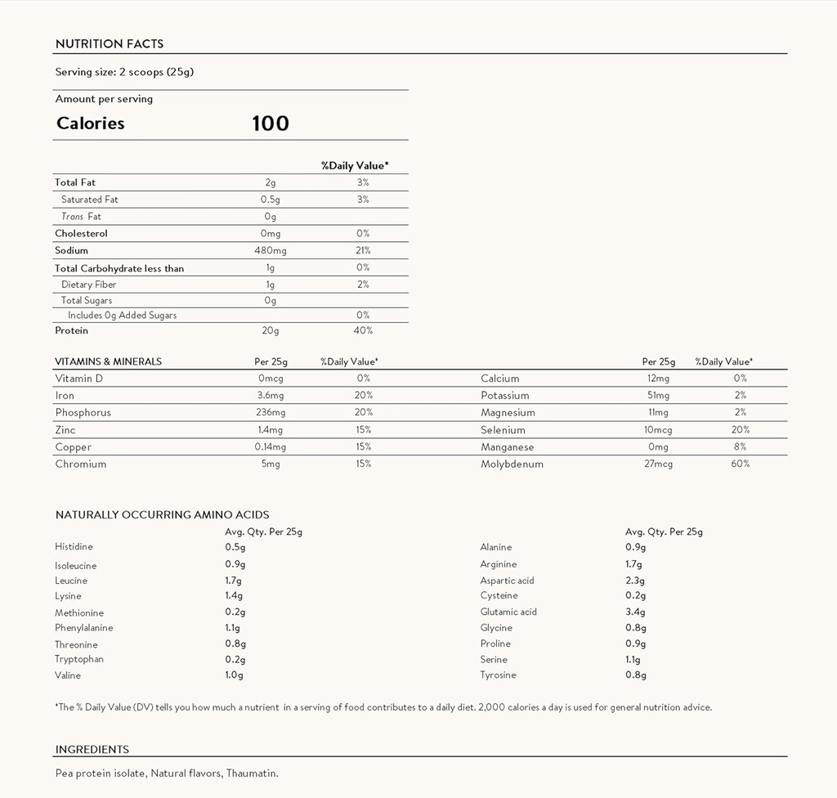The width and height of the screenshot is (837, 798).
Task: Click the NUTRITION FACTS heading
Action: tap(109, 44)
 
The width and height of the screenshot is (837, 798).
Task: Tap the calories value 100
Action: tap(271, 123)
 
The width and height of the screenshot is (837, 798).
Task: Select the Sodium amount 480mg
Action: tap(270, 250)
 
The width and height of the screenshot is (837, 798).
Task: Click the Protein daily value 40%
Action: tap(363, 330)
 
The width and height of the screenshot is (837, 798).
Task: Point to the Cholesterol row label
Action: tap(81, 233)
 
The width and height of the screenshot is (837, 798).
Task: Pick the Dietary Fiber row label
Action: tap(88, 285)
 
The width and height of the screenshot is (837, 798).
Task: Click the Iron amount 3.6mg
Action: tap(270, 396)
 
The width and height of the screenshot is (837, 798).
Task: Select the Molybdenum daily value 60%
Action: tap(741, 464)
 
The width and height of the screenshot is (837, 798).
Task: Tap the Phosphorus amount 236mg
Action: tap(270, 413)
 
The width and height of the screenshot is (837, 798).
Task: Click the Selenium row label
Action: tap(503, 430)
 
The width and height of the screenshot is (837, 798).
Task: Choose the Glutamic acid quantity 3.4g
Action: tap(635, 612)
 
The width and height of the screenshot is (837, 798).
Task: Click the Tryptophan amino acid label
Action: tap(79, 659)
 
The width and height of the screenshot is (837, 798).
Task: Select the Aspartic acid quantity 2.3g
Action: tap(635, 581)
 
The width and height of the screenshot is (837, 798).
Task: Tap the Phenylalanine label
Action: tap(84, 628)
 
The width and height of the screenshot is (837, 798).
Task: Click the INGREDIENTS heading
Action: tap(92, 750)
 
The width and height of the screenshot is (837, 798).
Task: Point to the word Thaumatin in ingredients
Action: tap(253, 773)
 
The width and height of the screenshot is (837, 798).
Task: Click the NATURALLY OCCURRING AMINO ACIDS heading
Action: tap(162, 515)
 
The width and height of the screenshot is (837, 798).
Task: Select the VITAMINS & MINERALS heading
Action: tap(108, 361)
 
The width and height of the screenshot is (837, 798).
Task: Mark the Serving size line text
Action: tap(124, 72)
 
